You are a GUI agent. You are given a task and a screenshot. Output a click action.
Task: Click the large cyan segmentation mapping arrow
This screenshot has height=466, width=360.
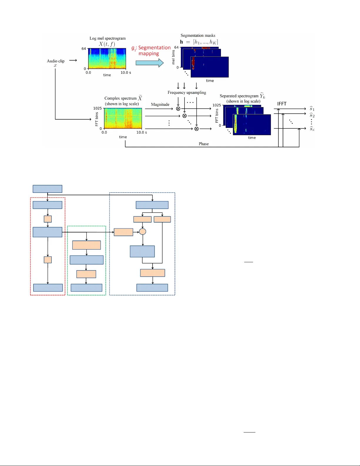point(149,63)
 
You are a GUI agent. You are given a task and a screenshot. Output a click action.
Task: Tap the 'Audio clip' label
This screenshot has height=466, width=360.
point(56,61)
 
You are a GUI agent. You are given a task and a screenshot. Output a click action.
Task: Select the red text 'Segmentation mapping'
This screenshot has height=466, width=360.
point(151,51)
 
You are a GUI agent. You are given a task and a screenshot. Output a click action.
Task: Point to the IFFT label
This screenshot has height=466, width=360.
point(282,104)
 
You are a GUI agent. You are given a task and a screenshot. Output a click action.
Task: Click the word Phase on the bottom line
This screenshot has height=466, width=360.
point(204,144)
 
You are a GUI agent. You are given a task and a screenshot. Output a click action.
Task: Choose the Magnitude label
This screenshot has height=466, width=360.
point(160,104)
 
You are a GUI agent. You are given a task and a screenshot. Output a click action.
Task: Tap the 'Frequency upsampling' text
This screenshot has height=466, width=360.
point(187,92)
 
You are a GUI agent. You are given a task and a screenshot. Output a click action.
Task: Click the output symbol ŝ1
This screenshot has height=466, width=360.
point(312,109)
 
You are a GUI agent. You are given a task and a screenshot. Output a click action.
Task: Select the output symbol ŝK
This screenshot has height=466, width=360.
point(312,128)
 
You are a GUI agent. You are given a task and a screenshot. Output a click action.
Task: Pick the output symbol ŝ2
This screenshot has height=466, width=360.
point(312,115)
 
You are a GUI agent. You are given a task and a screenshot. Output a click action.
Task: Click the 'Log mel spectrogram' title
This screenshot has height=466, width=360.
point(108,38)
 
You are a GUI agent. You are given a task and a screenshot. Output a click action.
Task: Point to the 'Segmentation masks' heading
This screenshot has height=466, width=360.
point(198,35)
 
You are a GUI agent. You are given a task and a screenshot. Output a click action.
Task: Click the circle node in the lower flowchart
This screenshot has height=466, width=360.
point(143,232)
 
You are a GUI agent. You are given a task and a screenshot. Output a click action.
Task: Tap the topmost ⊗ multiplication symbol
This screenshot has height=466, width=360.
point(178,109)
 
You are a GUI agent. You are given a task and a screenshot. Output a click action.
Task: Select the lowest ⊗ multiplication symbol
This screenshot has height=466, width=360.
point(197,129)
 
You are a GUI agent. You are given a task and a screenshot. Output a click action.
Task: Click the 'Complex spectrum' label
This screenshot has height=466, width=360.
point(120,98)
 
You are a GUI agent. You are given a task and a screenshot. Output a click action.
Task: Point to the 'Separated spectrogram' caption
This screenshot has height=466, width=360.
point(239,96)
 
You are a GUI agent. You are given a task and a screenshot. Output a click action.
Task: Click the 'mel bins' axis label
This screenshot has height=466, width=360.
point(173,57)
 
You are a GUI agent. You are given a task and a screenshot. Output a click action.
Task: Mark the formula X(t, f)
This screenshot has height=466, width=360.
point(107,44)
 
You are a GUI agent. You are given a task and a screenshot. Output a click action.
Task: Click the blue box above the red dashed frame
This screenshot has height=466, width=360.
point(47,189)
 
